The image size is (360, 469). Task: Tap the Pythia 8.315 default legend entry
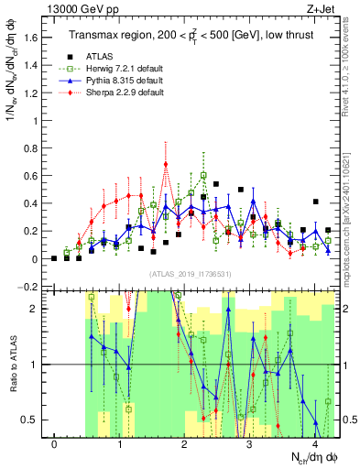119,81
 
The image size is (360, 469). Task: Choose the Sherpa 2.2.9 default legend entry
119,93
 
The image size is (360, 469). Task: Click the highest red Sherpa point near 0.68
166,165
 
